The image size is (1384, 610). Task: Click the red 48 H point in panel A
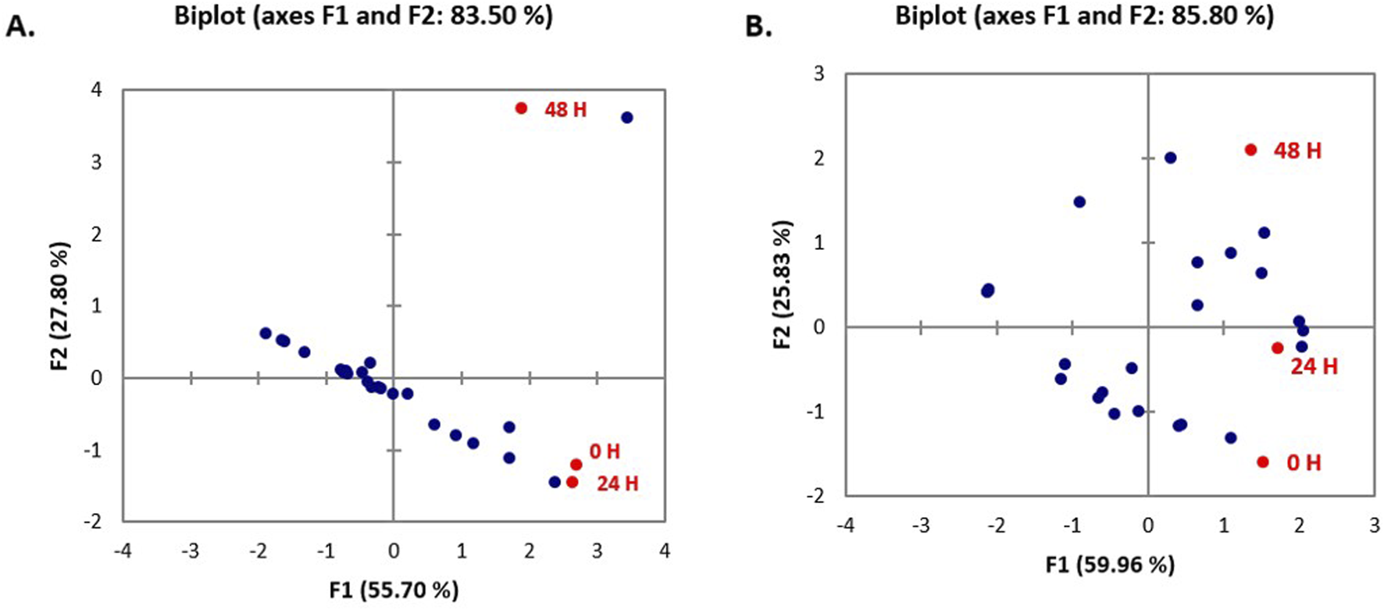point(521,108)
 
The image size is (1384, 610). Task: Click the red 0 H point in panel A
point(576,465)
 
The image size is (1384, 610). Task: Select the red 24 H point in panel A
point(572,482)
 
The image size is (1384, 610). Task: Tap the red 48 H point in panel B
point(1250,150)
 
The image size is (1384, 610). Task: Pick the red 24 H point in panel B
point(1277,348)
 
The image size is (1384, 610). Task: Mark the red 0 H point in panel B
point(1263,462)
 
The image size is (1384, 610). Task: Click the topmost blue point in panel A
point(626,118)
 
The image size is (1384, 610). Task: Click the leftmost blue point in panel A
point(266,334)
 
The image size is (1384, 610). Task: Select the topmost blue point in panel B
point(1170,158)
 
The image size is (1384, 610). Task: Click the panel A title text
point(363,16)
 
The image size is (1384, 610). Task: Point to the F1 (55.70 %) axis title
point(394,590)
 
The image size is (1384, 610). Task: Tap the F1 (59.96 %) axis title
point(1110,564)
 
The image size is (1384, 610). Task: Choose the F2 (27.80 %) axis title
point(60,305)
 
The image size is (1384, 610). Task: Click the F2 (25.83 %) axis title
point(783,284)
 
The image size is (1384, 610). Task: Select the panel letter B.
point(758,27)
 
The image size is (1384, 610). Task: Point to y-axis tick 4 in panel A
point(96,90)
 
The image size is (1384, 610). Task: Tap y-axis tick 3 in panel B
point(819,73)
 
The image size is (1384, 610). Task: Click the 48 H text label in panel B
point(1297,151)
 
